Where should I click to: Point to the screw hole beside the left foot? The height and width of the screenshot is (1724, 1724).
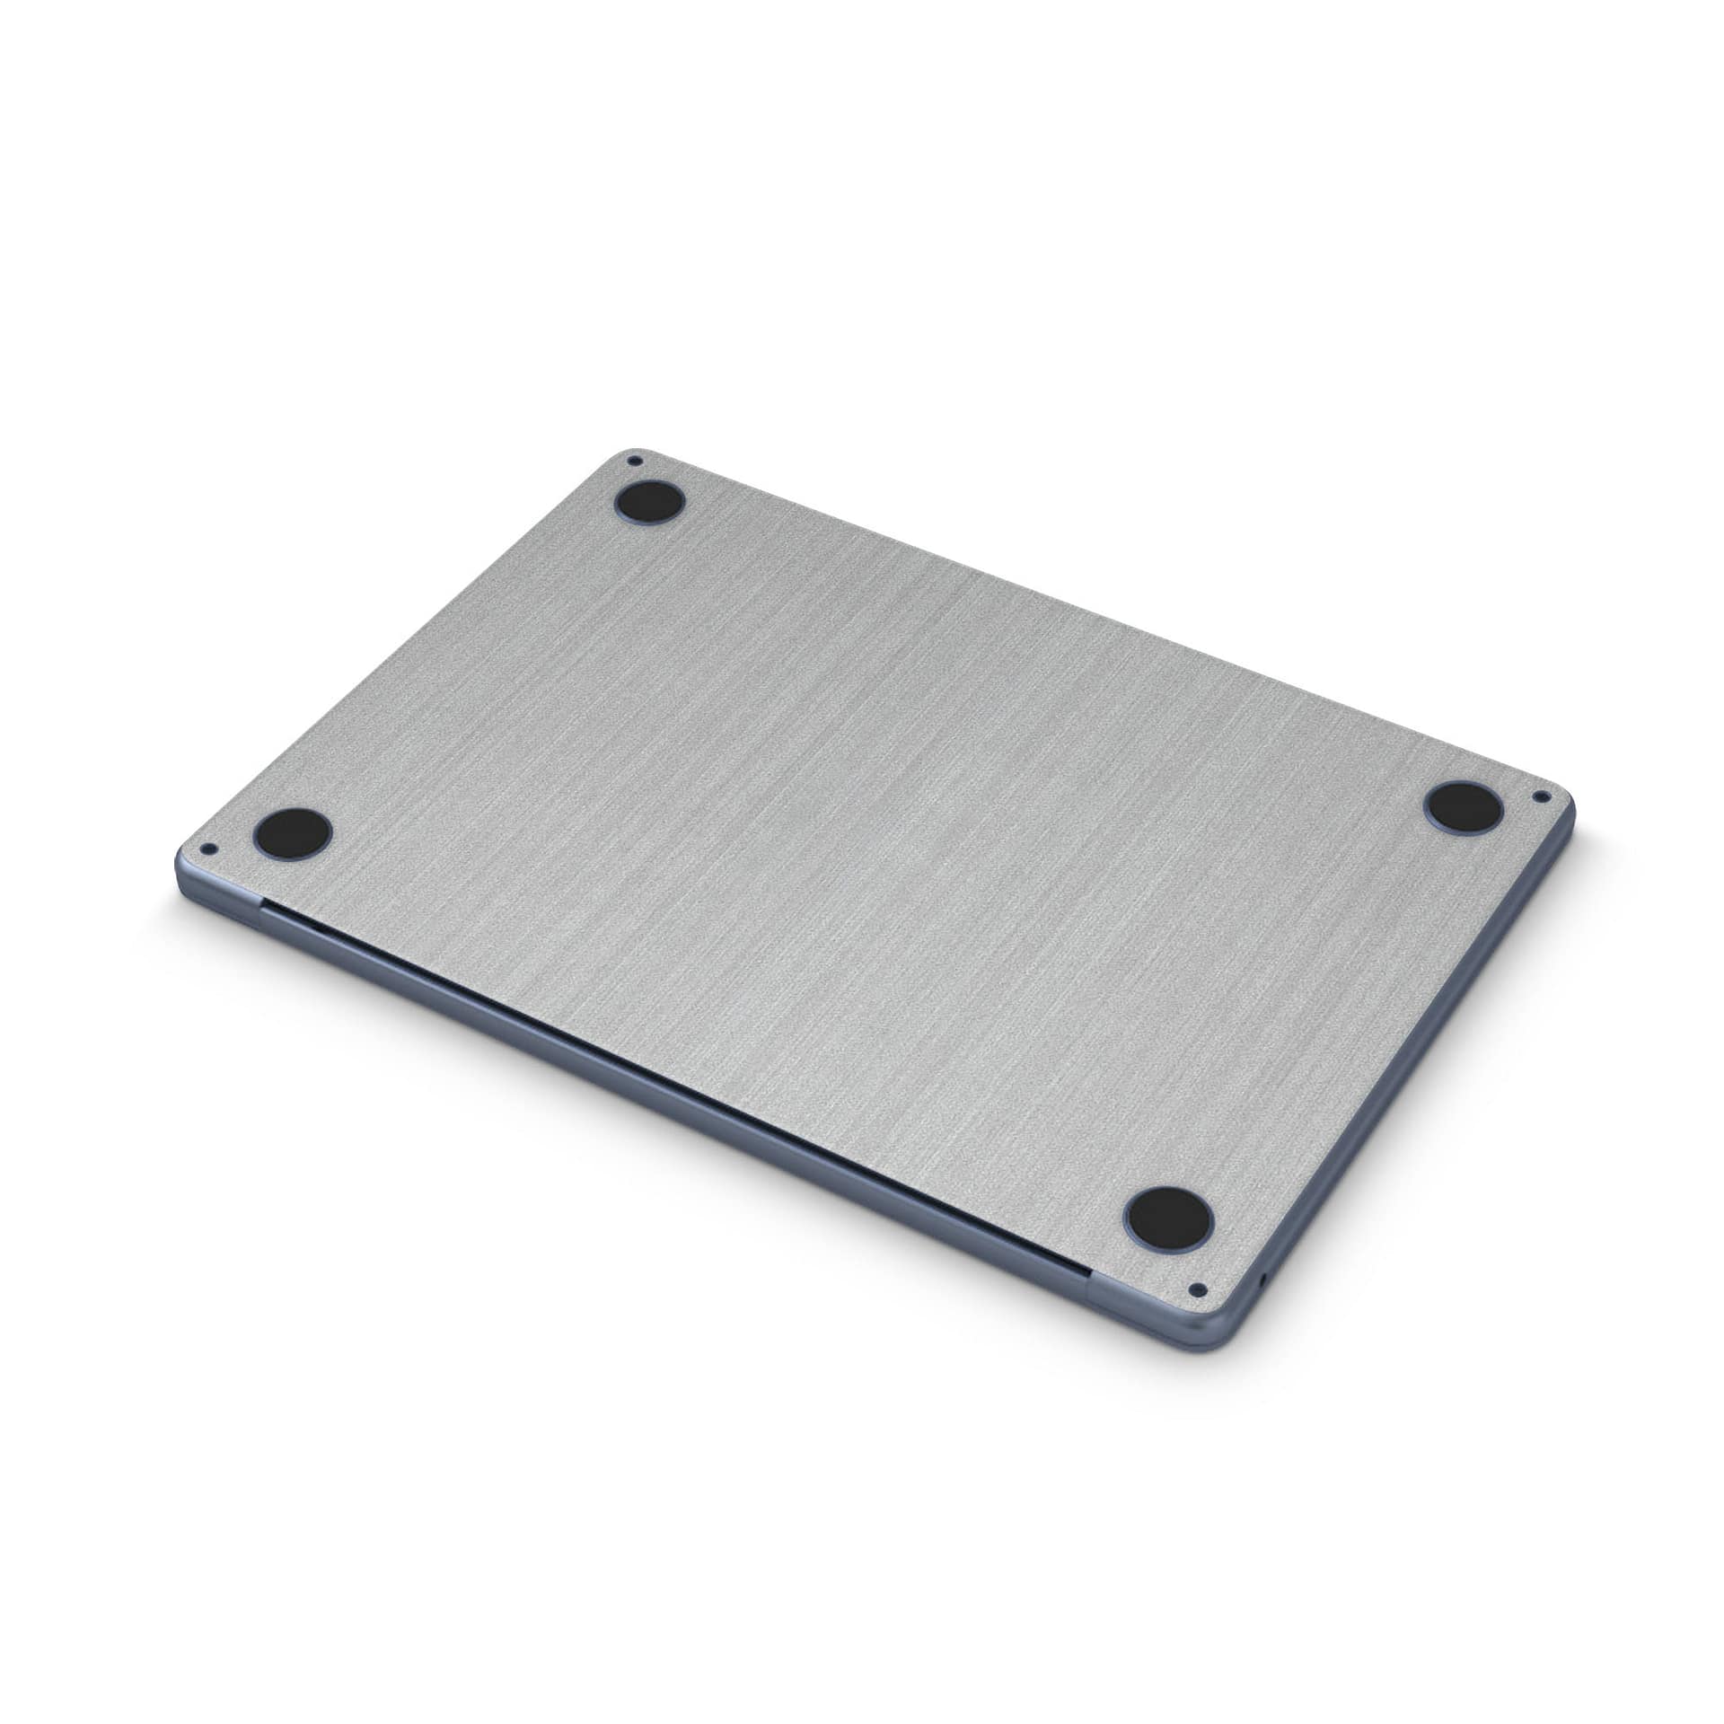click(x=210, y=847)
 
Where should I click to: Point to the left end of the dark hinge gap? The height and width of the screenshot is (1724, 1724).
click(x=262, y=908)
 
